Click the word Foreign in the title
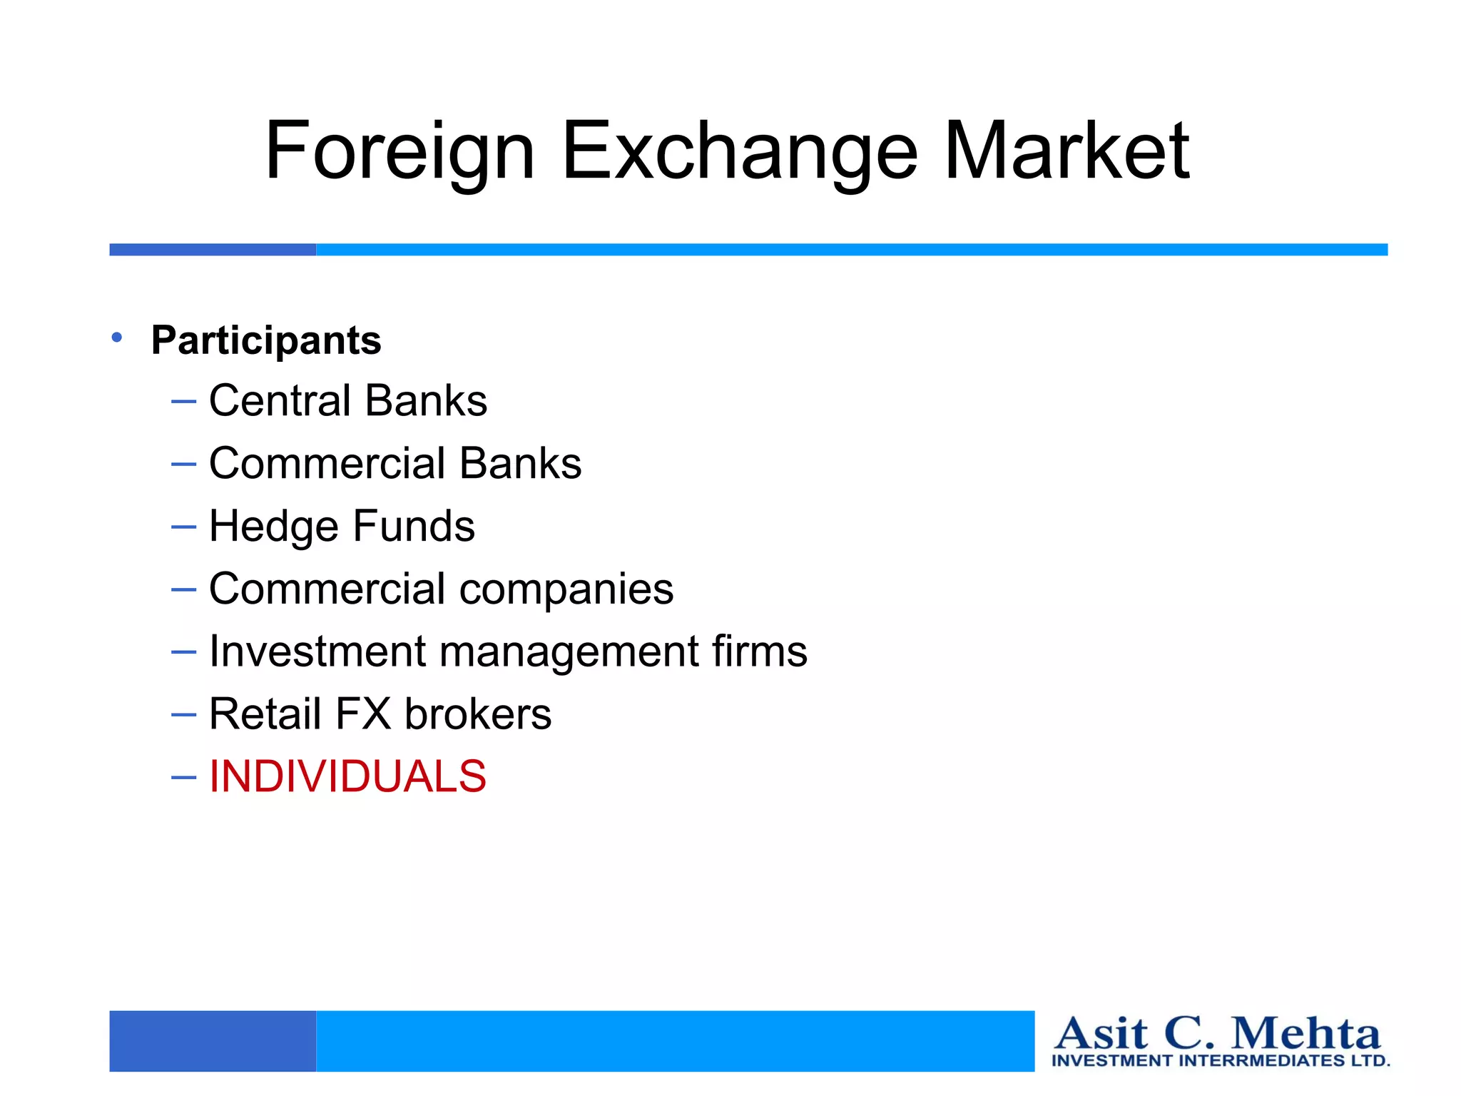[x=399, y=151]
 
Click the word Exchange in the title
[x=740, y=151]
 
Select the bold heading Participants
[x=266, y=340]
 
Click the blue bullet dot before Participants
[x=117, y=337]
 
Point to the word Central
[x=280, y=400]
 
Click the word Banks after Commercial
[x=520, y=463]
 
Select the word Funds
[x=414, y=527]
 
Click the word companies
[x=566, y=589]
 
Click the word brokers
[x=478, y=714]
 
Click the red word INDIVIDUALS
[x=347, y=776]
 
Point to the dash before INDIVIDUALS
[x=183, y=777]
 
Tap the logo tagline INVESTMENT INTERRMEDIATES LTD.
[x=1221, y=1060]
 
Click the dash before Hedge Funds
[x=183, y=527]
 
